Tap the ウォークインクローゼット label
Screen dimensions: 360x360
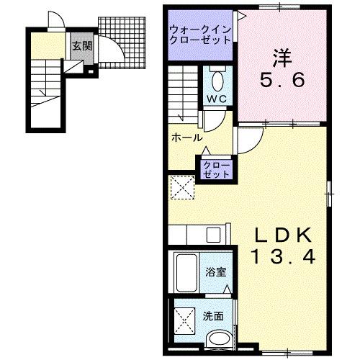point(199,33)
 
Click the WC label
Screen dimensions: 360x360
point(217,99)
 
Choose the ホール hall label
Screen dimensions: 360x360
point(186,138)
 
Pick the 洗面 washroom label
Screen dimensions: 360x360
point(212,315)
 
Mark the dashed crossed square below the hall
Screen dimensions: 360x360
point(183,189)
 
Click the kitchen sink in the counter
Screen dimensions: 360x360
point(214,235)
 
